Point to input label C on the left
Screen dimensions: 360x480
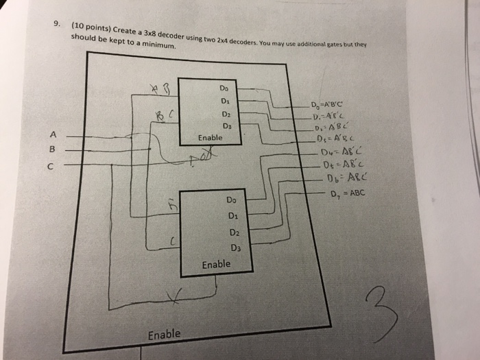[x=50, y=165]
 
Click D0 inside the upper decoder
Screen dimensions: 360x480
[x=224, y=88]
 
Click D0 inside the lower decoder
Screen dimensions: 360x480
[x=230, y=201]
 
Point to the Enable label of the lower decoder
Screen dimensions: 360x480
[x=216, y=263]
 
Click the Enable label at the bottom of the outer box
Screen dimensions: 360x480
[x=165, y=335]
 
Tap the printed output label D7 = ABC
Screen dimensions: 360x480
[x=348, y=194]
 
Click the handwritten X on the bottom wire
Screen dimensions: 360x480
[x=175, y=296]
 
